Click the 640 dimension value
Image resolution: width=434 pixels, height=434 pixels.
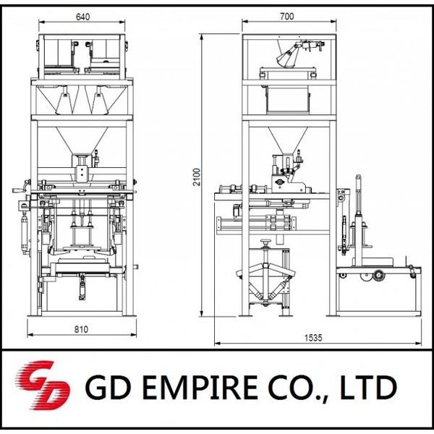click(x=82, y=17)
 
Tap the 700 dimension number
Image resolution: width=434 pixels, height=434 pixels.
click(x=286, y=17)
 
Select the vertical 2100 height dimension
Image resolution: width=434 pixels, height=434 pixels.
click(x=196, y=177)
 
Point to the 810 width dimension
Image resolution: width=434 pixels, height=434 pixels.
click(x=81, y=329)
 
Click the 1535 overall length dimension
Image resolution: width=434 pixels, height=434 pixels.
click(x=313, y=338)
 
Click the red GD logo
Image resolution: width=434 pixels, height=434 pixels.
click(x=42, y=385)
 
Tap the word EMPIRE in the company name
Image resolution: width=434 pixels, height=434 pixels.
click(x=200, y=387)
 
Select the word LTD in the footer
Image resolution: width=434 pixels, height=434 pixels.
click(x=369, y=387)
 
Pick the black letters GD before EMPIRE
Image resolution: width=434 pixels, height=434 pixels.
click(x=108, y=387)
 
